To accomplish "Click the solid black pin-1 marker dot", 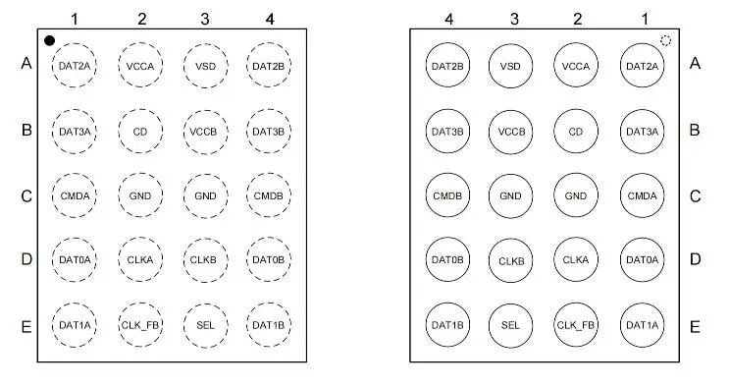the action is coord(49,41).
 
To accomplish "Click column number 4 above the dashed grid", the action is coord(270,19).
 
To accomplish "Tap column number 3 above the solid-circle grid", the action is coord(514,19).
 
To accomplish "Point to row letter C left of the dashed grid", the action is coord(26,196).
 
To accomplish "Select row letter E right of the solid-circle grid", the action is coord(695,327).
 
